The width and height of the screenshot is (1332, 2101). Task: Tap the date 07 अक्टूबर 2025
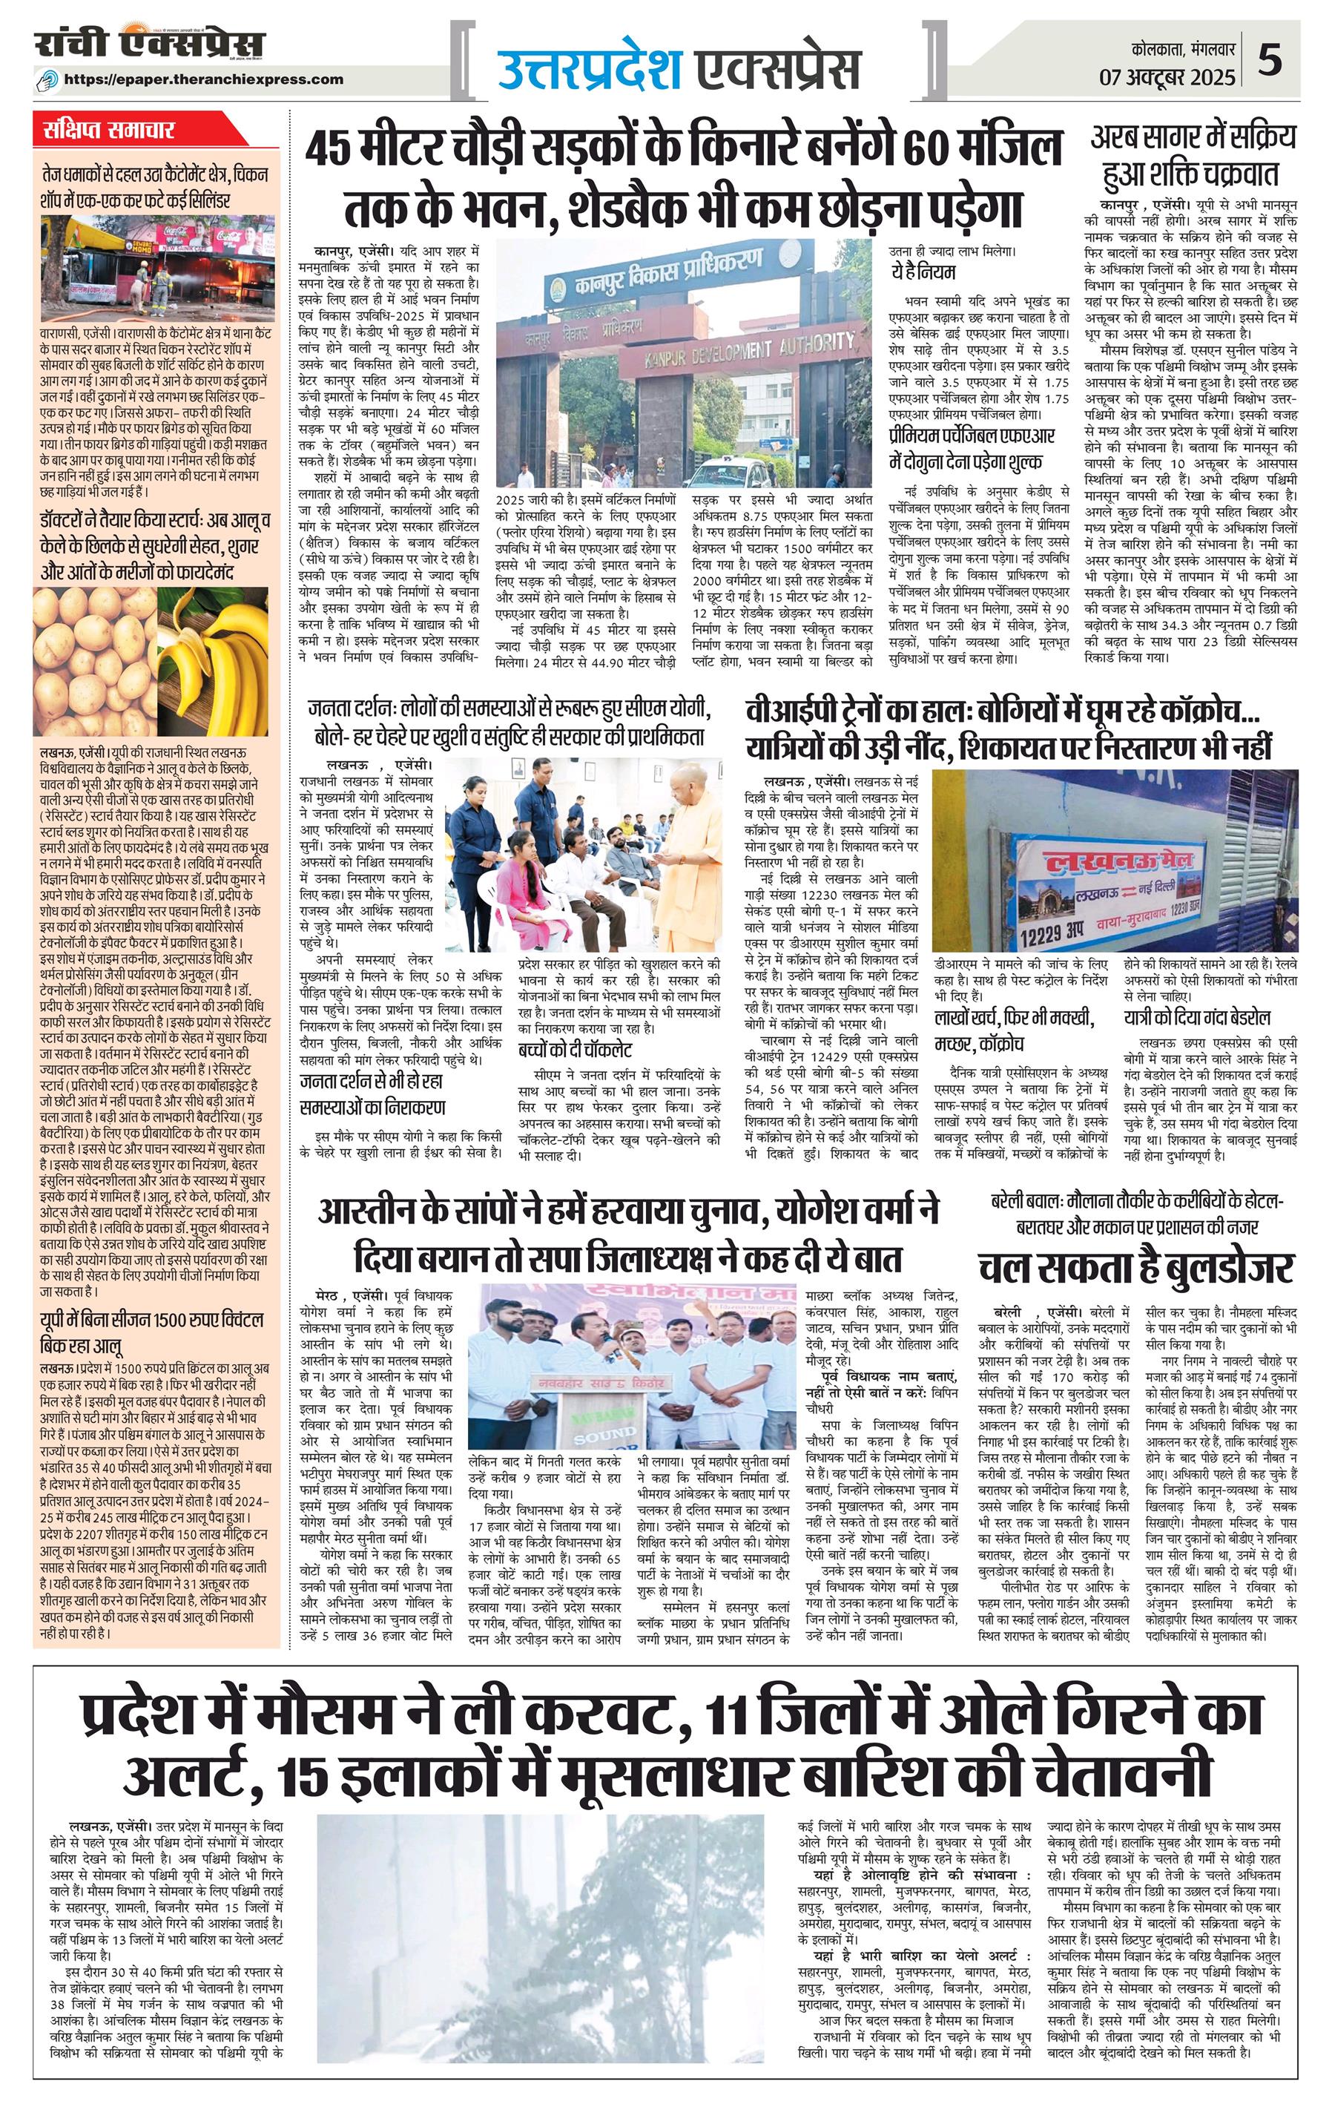click(x=1167, y=78)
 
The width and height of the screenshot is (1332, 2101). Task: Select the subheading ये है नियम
click(x=922, y=272)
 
